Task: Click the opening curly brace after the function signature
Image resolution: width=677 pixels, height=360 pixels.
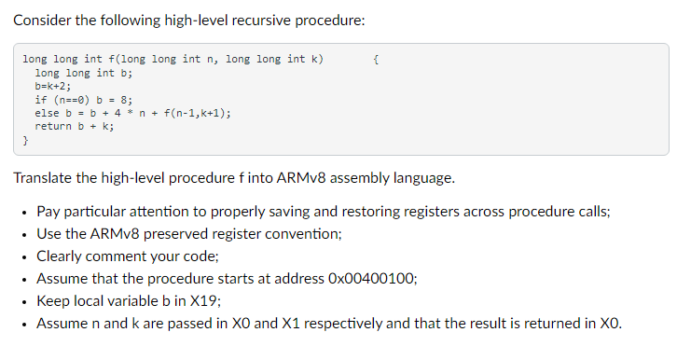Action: [x=375, y=60]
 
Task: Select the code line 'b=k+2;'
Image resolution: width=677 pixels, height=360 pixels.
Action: [x=53, y=86]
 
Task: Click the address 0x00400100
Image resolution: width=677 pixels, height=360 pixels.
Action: [x=366, y=279]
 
